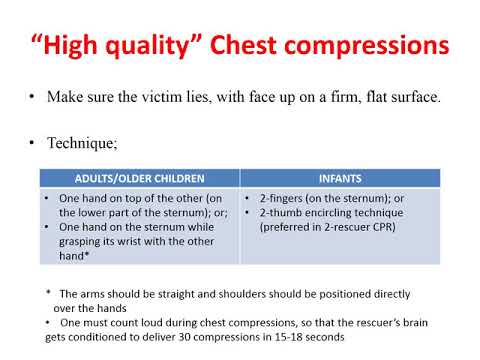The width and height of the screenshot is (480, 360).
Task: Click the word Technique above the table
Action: (79, 145)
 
